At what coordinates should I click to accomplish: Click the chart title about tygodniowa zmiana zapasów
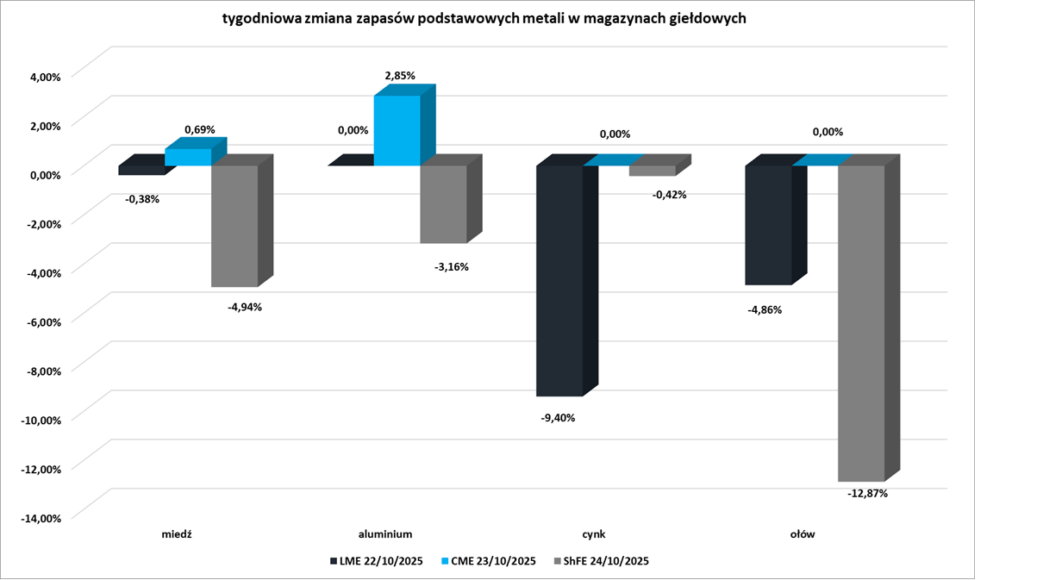pos(484,18)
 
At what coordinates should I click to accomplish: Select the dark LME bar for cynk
pos(559,280)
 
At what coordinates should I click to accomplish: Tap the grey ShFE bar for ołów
pos(861,322)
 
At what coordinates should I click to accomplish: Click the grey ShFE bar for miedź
pos(235,226)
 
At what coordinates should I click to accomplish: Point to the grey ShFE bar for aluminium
pos(443,203)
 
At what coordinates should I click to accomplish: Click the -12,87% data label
pos(868,494)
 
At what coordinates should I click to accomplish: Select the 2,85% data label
pos(400,76)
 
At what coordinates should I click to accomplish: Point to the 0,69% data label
pos(199,129)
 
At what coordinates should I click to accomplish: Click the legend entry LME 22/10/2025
pos(376,561)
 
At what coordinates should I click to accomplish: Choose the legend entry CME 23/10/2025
pos(489,561)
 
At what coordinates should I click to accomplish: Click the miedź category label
pos(177,533)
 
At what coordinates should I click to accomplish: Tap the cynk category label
pos(594,533)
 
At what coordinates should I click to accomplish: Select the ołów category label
pos(803,533)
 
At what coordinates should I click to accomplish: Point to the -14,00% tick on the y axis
pos(41,518)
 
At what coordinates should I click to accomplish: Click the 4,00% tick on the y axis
pos(44,76)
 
